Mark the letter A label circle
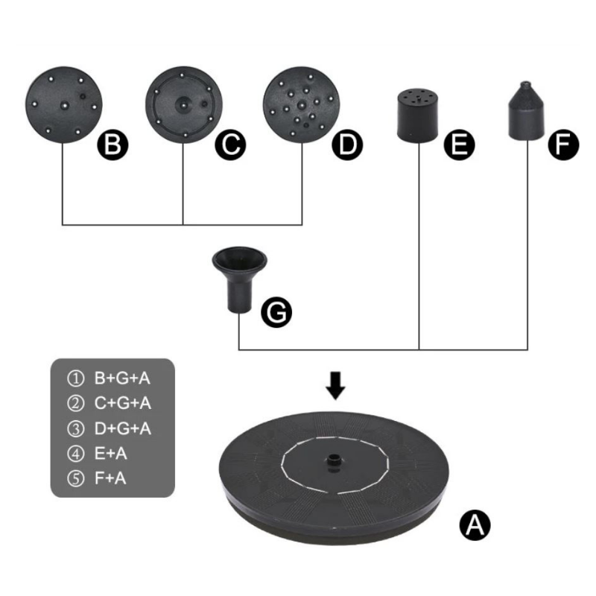click(474, 525)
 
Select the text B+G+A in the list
click(123, 378)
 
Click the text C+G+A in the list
click(123, 403)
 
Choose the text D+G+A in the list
click(123, 428)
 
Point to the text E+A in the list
click(110, 453)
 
